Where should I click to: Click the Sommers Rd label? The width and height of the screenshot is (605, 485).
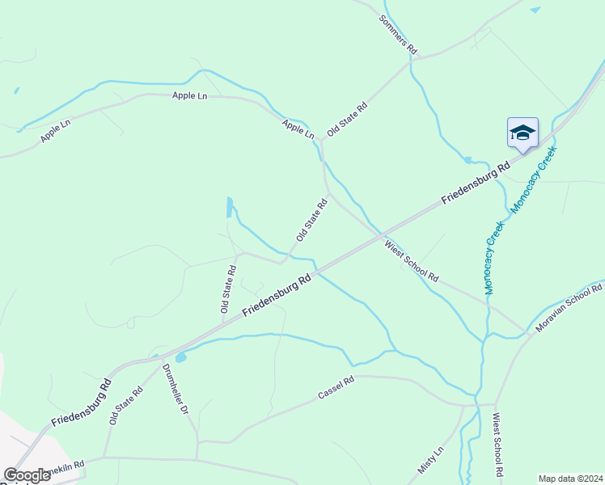coord(397,34)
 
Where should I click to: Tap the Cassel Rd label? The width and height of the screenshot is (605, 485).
coord(336,390)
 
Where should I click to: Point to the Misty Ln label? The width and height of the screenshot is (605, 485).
coord(431,460)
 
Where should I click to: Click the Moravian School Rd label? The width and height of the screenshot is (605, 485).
coord(569,308)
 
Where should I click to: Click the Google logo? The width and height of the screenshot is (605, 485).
coord(27,475)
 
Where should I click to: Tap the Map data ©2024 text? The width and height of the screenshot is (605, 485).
coord(571,478)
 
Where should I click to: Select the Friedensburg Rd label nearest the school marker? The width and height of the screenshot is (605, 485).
coord(475,181)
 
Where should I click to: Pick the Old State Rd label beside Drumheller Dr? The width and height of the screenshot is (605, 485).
coord(126,405)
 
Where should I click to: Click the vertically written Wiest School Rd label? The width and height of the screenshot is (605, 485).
coord(498,446)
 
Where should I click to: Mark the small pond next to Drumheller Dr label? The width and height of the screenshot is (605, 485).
coord(180,356)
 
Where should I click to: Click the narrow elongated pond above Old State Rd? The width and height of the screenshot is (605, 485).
coord(230,208)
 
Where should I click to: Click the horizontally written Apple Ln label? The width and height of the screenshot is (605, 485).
coord(190,96)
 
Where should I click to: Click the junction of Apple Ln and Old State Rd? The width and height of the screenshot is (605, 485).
coord(322,141)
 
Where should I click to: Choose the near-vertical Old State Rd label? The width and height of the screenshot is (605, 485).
coord(228,289)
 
